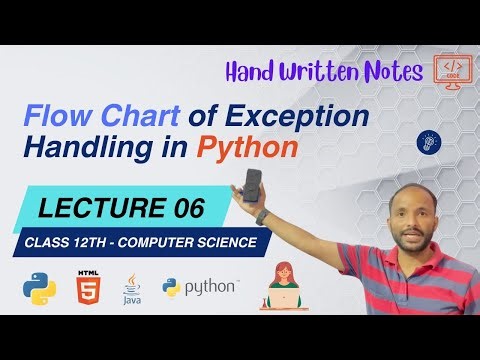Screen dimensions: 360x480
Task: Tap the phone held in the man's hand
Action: pos(254,183)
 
